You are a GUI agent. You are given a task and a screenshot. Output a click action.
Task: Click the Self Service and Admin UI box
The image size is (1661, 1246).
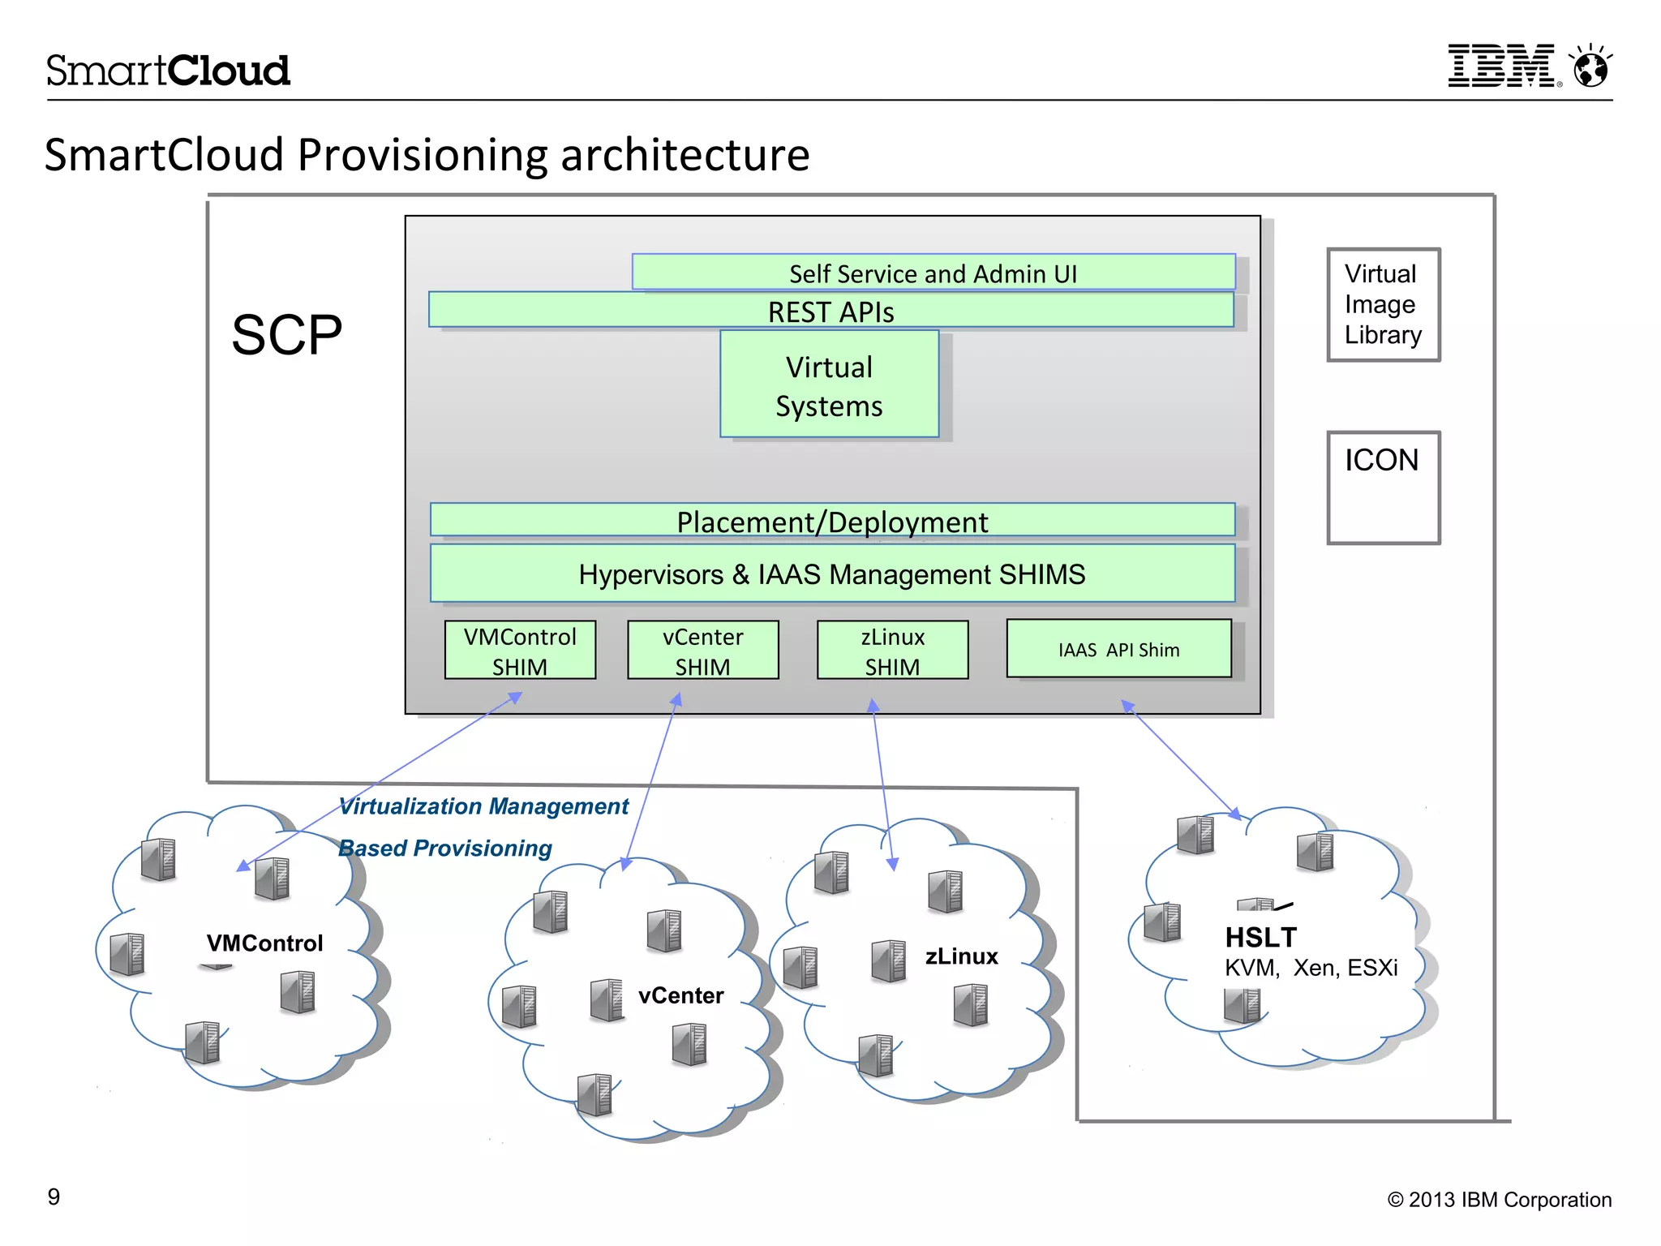coord(933,273)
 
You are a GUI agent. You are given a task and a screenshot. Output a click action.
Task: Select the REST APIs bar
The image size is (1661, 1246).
coord(830,311)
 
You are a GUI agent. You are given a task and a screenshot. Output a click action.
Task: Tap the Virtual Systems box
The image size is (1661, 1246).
coord(829,385)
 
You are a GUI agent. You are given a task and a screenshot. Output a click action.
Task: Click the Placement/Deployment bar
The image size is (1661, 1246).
coord(832,521)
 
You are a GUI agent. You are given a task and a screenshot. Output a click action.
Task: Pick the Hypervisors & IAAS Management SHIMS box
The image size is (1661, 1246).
coord(832,574)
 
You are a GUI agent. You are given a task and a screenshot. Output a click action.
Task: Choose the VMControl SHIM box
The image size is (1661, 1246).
coord(520,650)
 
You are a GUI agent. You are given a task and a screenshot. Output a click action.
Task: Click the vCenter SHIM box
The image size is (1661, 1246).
coord(702,650)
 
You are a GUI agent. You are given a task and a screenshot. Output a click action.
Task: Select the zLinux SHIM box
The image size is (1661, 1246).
coord(892,650)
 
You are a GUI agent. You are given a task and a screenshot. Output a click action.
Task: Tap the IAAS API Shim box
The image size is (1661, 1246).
coord(1118,649)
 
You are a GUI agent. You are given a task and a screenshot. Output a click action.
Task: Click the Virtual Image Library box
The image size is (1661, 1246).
coord(1383,304)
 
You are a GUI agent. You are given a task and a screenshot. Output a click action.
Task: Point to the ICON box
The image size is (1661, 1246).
coord(1383,487)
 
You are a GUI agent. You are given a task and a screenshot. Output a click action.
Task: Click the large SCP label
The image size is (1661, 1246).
coord(286,334)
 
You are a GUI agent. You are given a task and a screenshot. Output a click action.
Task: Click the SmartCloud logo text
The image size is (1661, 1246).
coord(168,71)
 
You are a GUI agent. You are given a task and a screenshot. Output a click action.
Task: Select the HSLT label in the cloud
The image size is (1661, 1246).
coord(1260,937)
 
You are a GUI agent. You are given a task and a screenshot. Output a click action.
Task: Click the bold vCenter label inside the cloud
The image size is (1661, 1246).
coord(680,995)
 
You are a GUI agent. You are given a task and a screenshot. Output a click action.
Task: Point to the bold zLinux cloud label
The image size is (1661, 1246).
coord(961,956)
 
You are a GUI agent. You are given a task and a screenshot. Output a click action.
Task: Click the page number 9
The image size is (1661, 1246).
coord(54,1197)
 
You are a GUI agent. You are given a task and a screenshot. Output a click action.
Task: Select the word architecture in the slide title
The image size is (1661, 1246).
coord(685,155)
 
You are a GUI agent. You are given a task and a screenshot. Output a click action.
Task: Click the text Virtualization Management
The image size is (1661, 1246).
coord(483,806)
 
